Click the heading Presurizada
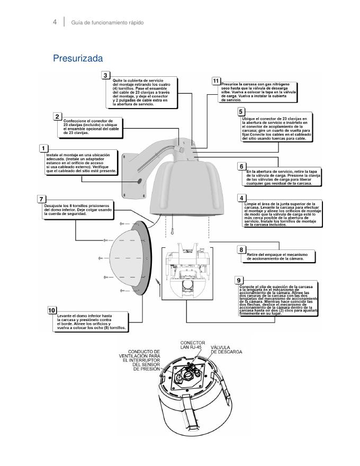pyautogui.click(x=78, y=58)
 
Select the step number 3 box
pyautogui.click(x=106, y=75)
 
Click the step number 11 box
pyautogui.click(x=215, y=80)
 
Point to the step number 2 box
pyautogui.click(x=57, y=115)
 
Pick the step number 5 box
pyautogui.click(x=241, y=112)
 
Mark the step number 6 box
pyautogui.click(x=241, y=166)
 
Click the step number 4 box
pyautogui.click(x=241, y=199)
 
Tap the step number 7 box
pyautogui.click(x=41, y=199)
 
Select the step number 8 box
pyautogui.click(x=241, y=249)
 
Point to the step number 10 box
pyautogui.click(x=52, y=310)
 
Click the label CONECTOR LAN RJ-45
pyautogui.click(x=193, y=346)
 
